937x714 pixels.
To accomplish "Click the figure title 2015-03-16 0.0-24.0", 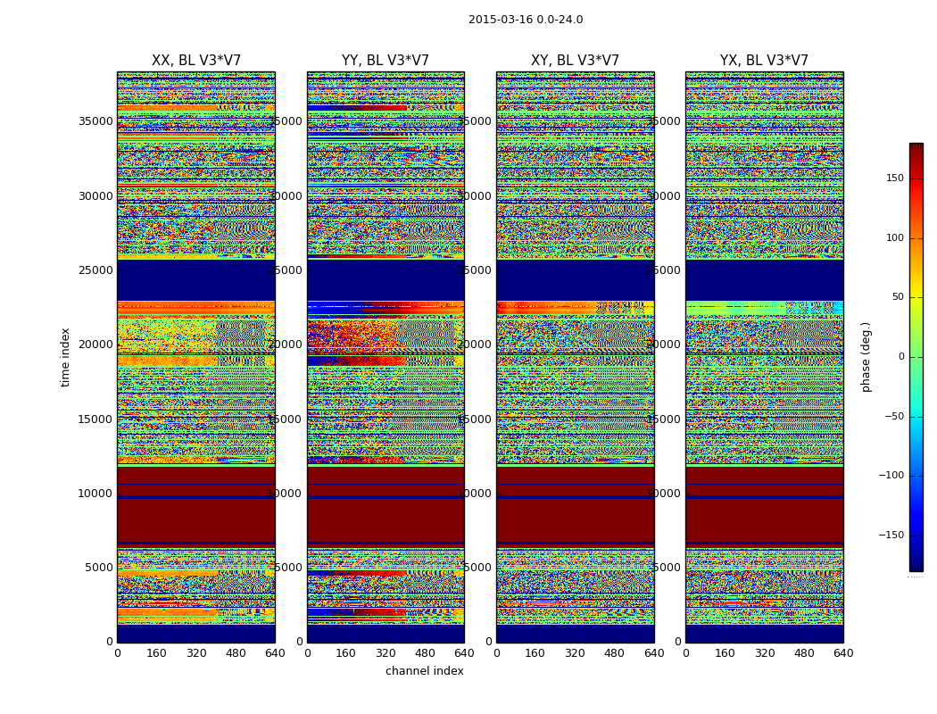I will click(x=525, y=20).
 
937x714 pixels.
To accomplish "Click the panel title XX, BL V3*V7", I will click(x=196, y=61).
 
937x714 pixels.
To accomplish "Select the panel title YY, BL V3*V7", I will click(x=386, y=61).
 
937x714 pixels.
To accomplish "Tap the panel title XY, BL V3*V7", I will click(x=575, y=61).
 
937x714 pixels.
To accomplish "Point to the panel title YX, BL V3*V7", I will click(x=764, y=61).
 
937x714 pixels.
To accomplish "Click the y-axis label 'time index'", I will click(x=65, y=357).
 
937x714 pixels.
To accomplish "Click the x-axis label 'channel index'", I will click(x=425, y=671).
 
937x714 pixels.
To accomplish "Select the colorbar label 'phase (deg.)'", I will click(x=866, y=357).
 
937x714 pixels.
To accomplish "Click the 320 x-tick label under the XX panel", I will click(x=196, y=653).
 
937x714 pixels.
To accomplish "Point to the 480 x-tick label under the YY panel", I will click(x=425, y=653).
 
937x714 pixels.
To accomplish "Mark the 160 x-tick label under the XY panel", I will click(x=535, y=653).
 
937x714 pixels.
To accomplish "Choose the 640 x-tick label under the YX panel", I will click(x=843, y=653).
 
